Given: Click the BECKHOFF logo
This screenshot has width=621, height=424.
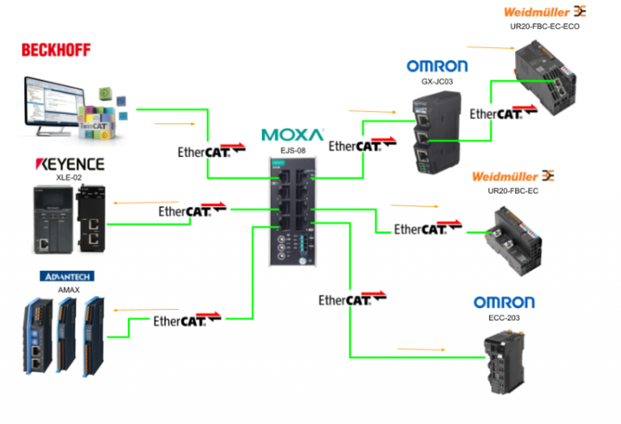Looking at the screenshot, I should pyautogui.click(x=56, y=50).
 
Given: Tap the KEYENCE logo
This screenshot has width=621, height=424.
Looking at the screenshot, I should pyautogui.click(x=70, y=164).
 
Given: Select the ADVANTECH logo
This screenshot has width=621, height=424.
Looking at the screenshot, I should pyautogui.click(x=66, y=276).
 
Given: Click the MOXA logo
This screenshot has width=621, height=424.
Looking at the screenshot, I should pyautogui.click(x=292, y=134).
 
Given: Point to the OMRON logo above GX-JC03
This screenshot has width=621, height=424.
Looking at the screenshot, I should pyautogui.click(x=437, y=66).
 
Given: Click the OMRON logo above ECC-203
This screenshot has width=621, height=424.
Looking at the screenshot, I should pyautogui.click(x=504, y=303).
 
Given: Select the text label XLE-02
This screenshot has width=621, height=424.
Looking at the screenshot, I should pyautogui.click(x=68, y=177).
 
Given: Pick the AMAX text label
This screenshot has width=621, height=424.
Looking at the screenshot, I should pyautogui.click(x=67, y=289).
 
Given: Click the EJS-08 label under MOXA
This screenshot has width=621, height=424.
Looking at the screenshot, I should pyautogui.click(x=292, y=150).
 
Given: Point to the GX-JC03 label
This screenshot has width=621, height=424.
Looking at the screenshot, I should pyautogui.click(x=437, y=82).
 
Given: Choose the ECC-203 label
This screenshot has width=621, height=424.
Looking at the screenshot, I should pyautogui.click(x=503, y=318).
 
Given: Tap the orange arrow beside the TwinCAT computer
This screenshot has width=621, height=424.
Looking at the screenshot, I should pyautogui.click(x=175, y=124).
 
